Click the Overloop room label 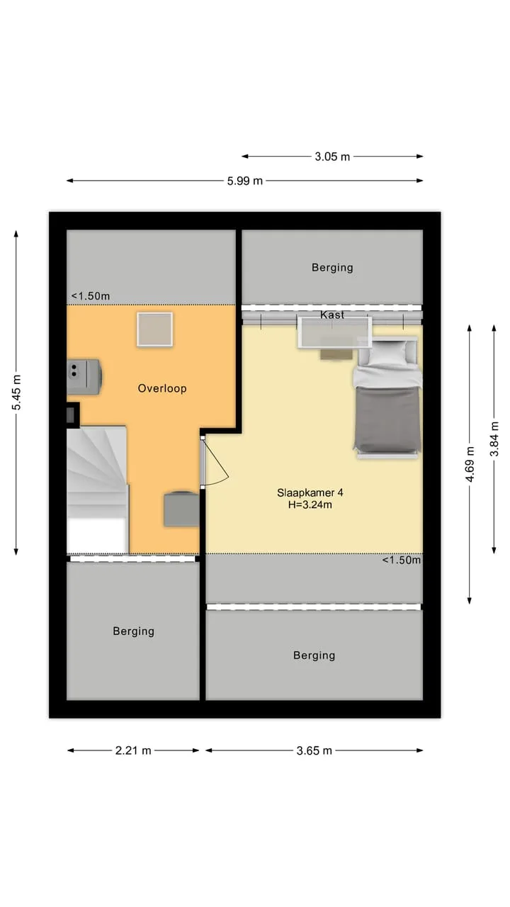pos(162,388)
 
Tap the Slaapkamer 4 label pos(310,492)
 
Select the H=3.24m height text pos(310,505)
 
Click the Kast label pos(332,315)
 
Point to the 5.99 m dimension pos(244,181)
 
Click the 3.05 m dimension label pos(332,157)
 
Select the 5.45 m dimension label pos(16,393)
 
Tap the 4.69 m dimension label pos(470,464)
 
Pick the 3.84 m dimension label pos(494,439)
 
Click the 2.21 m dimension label pos(133,750)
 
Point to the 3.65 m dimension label pos(314,750)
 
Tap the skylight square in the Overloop pos(154,329)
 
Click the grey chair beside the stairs pos(182,509)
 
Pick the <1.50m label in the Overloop pos(91,296)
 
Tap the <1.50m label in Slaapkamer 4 pos(401,560)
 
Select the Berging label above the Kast pos(332,268)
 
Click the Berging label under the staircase pos(134,631)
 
